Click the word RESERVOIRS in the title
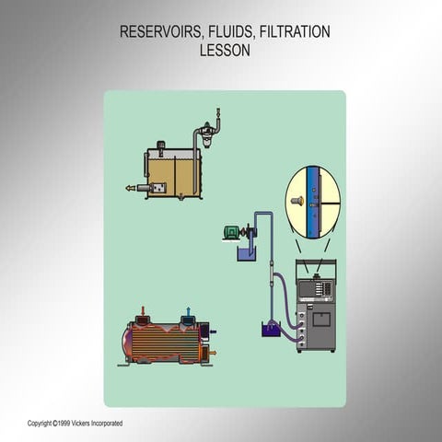click(160, 32)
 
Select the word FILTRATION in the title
click(295, 32)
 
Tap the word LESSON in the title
click(225, 51)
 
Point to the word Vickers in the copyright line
click(81, 424)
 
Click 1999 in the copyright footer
click(64, 424)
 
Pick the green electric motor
click(232, 232)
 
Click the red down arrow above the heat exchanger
click(143, 310)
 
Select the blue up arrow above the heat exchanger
click(189, 311)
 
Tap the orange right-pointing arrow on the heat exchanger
click(213, 353)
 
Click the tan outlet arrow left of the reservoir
click(131, 188)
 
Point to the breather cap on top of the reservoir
click(160, 145)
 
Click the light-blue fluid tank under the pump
click(247, 255)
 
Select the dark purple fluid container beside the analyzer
click(271, 330)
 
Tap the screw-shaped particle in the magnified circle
click(297, 201)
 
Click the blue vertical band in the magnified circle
click(312, 203)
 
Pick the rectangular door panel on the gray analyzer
click(321, 320)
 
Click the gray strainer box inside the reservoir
click(158, 188)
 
